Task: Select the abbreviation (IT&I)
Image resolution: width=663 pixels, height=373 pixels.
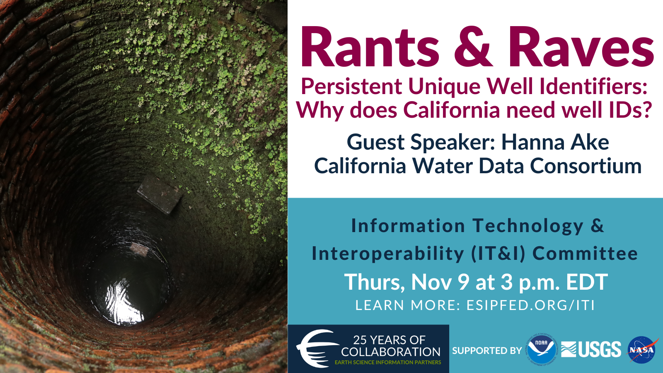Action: coord(498,254)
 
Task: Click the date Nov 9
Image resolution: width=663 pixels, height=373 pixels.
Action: coord(440,282)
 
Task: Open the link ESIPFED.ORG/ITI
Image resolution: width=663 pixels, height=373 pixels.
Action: coord(530,305)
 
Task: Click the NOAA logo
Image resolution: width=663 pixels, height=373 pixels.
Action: coord(541,350)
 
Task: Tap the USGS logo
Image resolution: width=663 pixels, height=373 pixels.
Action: coord(591,350)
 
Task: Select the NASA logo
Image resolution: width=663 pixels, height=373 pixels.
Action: coord(642,350)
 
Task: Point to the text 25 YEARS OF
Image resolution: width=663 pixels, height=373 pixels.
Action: coord(389,340)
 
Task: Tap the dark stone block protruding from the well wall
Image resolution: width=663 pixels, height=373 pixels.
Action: coord(159,194)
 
